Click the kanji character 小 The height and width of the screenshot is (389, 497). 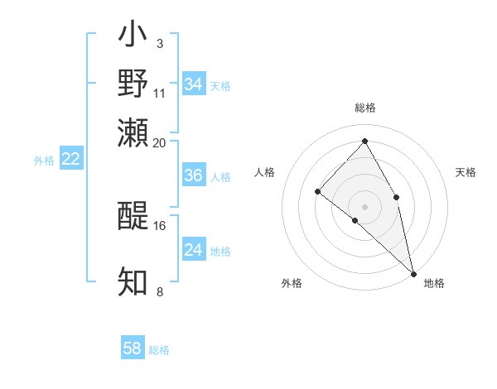click(133, 37)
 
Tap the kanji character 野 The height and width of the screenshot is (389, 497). click(133, 84)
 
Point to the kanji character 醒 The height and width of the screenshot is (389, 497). click(133, 217)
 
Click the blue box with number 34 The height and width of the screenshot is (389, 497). click(194, 84)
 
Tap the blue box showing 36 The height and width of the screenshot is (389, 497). click(194, 175)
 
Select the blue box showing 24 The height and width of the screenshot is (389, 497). click(194, 250)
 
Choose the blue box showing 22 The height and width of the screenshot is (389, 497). click(71, 159)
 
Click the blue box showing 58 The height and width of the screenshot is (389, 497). click(133, 348)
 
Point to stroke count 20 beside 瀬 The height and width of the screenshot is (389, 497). click(160, 142)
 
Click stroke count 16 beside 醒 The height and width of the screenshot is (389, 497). click(160, 225)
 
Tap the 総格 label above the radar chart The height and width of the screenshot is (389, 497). click(365, 108)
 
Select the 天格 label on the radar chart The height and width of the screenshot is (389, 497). click(466, 172)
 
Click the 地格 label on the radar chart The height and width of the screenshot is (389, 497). click(434, 283)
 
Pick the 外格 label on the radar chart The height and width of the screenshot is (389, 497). click(292, 283)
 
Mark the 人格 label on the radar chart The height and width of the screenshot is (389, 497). click(264, 172)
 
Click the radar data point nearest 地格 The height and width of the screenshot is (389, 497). click(413, 273)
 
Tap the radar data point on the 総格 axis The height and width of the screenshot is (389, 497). click(364, 141)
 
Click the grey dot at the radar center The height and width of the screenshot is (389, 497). click(364, 206)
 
